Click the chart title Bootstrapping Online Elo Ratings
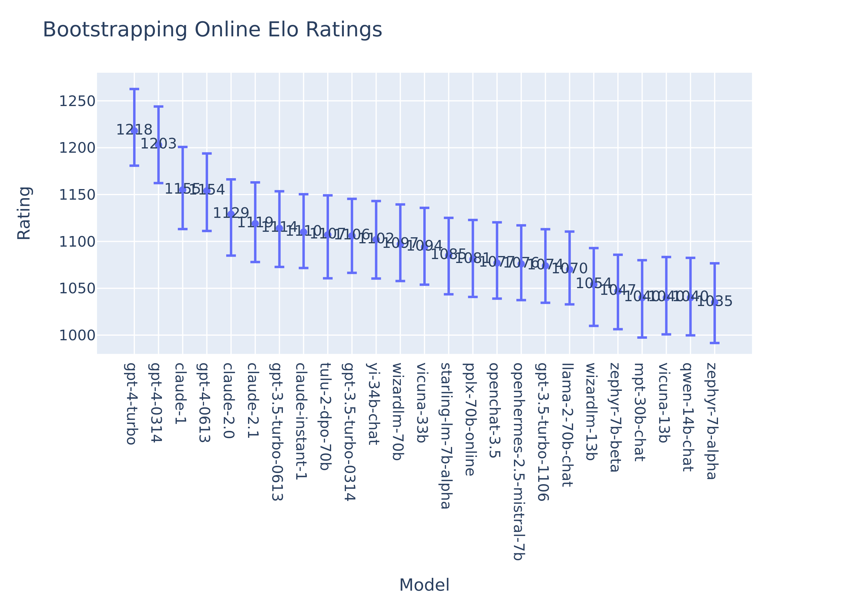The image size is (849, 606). pos(212,30)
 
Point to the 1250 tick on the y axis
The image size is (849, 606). pos(77,101)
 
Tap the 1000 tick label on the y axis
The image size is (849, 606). pos(77,335)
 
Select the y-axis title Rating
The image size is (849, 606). pos(24,213)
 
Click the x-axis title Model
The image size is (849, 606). pos(424,585)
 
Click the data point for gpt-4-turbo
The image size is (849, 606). pos(134,131)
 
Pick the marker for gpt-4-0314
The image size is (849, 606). pos(158,145)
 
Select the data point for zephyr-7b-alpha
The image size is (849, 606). pos(715,303)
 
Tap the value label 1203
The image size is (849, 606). pos(158,144)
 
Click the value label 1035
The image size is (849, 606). pos(715,301)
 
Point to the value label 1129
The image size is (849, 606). pos(231,213)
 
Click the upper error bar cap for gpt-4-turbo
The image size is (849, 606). pos(134,89)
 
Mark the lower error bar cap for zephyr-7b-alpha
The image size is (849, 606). pos(715,343)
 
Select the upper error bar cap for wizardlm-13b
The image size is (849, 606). pos(594,248)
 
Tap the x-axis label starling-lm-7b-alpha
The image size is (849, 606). pos(445,435)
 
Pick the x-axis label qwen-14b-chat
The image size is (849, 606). pos(688,417)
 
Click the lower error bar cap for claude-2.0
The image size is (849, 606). pos(231,256)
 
